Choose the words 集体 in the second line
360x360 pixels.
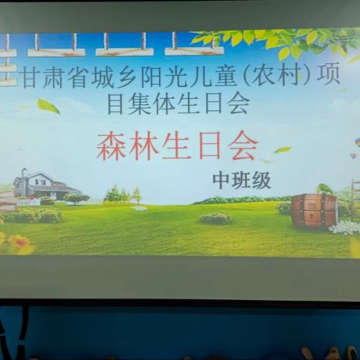point(163,104)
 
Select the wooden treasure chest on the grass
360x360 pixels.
point(314,209)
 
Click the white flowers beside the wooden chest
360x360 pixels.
point(346,227)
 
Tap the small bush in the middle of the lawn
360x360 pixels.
point(216,218)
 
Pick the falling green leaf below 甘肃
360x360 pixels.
point(49,106)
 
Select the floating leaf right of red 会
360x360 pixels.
point(283,150)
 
